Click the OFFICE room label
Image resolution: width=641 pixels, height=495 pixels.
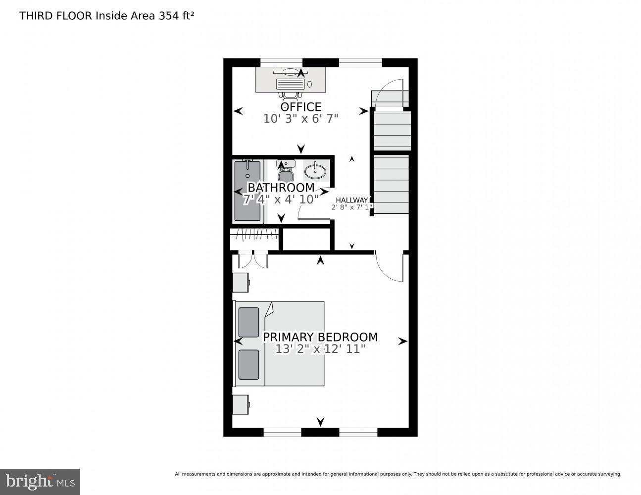coord(300,107)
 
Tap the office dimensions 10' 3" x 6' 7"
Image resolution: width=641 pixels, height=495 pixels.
coord(300,119)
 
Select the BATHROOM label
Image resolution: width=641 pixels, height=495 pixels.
coord(281,188)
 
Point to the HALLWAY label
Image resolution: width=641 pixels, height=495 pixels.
coord(351,200)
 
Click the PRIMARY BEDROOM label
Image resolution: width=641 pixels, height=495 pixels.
coord(320,337)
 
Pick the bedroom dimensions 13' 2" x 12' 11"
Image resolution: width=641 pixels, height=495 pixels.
coord(320,349)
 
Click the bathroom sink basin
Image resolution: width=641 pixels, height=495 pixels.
coord(315,171)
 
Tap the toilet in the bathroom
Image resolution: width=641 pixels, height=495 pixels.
coord(286,172)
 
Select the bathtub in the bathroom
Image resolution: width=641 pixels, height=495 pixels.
coord(247,191)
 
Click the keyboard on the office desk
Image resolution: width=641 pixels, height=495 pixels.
coord(290,84)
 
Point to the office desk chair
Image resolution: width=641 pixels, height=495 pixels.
coord(290,95)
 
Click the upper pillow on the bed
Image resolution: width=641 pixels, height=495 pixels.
coord(248,322)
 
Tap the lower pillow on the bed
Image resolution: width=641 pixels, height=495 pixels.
coord(248,365)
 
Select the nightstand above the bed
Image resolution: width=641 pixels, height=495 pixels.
coord(241,282)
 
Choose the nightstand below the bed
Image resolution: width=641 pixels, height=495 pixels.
coord(241,404)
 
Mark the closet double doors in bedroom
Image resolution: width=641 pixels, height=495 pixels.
coord(253,259)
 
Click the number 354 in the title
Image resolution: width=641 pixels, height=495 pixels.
coord(169,16)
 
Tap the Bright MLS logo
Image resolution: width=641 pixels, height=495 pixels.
coord(40,482)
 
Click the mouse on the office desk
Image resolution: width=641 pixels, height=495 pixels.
coord(309,84)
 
